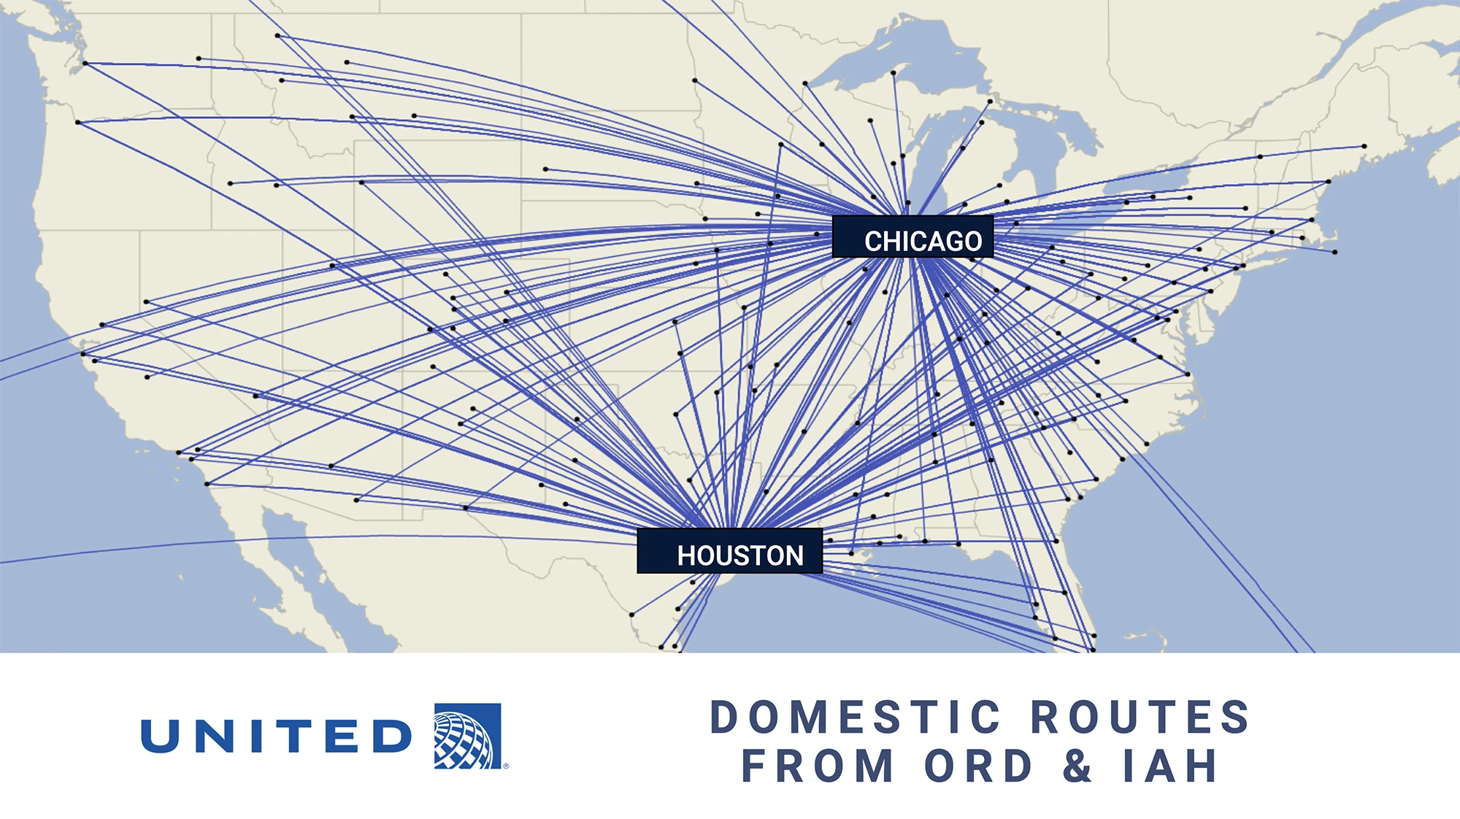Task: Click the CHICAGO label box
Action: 912,237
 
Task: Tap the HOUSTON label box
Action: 729,551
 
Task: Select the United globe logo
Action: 467,736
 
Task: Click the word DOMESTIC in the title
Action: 855,718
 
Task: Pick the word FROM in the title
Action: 818,766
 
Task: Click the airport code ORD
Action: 978,766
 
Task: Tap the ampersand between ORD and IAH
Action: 1077,766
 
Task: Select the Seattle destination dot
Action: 85,64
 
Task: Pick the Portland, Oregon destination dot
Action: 78,122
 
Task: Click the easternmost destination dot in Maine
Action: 1364,146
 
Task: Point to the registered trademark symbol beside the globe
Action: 506,766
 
